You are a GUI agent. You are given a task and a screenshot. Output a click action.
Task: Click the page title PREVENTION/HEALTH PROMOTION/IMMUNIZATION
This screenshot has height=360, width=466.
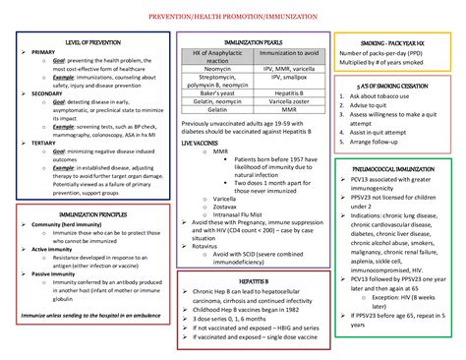pyautogui.click(x=233, y=17)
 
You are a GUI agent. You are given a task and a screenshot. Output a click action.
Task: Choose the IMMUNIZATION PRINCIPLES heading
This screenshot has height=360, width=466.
pyautogui.click(x=91, y=213)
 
